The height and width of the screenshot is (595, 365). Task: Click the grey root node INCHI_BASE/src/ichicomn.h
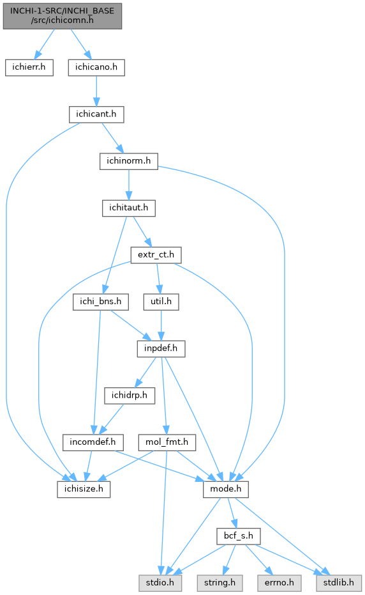point(63,16)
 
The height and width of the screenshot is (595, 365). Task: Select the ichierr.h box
point(29,68)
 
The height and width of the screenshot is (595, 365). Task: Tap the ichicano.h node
point(96,68)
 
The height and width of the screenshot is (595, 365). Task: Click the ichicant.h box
point(96,114)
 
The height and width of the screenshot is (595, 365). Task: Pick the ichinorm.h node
point(129,161)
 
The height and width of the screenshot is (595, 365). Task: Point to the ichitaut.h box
point(129,208)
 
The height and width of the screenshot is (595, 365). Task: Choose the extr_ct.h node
point(156,255)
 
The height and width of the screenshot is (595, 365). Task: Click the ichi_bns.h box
point(101,302)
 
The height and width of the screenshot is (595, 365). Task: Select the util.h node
point(161,302)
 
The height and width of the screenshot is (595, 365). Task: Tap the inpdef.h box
point(161,349)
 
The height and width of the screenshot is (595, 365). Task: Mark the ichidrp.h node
point(130,396)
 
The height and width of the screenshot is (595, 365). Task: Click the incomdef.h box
point(93,442)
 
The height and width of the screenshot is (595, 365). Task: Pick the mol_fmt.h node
point(167,442)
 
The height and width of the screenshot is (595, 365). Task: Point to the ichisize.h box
point(84,489)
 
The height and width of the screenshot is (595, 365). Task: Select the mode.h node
point(226,489)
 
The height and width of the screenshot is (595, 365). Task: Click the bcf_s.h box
point(239,536)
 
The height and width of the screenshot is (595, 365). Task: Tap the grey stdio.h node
point(160,583)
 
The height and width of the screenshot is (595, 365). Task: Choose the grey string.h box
point(220,583)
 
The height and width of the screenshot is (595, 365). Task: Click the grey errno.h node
point(279,583)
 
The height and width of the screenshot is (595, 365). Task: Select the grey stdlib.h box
point(339,583)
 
